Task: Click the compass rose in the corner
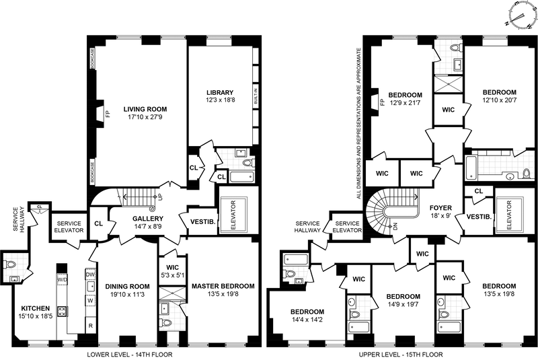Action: pyautogui.click(x=522, y=16)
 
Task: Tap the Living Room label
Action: pyautogui.click(x=145, y=109)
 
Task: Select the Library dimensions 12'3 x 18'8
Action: pyautogui.click(x=220, y=100)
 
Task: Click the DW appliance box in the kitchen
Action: pyautogui.click(x=90, y=275)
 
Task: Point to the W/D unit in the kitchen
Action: pyautogui.click(x=62, y=279)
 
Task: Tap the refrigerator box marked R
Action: pyautogui.click(x=90, y=326)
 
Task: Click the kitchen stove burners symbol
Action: pyautogui.click(x=63, y=312)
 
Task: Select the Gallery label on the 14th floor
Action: pyautogui.click(x=148, y=219)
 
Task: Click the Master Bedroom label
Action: pyautogui.click(x=223, y=286)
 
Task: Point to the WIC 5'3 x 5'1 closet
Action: pyautogui.click(x=173, y=271)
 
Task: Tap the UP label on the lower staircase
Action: pyautogui.click(x=160, y=199)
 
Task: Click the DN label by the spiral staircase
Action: pyautogui.click(x=395, y=227)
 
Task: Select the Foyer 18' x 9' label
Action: pyautogui.click(x=440, y=212)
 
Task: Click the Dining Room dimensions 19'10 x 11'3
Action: pyautogui.click(x=127, y=295)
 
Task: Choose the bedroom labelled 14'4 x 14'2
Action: pyautogui.click(x=307, y=316)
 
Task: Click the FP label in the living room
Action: pyautogui.click(x=108, y=114)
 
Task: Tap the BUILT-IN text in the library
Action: pyautogui.click(x=256, y=97)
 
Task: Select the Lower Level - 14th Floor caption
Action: pyautogui.click(x=130, y=355)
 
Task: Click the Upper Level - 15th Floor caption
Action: pyautogui.click(x=401, y=355)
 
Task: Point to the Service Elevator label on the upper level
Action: pyautogui.click(x=347, y=227)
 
